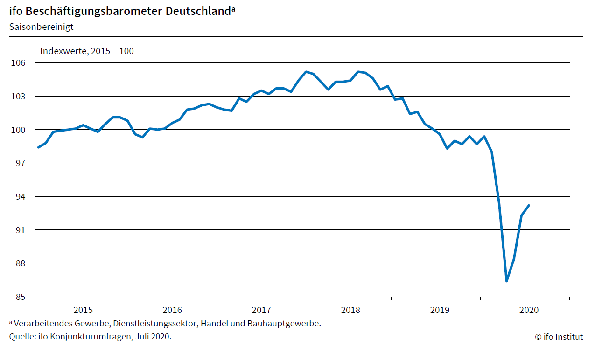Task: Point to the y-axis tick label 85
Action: click(20, 297)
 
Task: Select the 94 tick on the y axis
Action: click(20, 196)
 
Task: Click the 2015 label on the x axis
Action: click(83, 310)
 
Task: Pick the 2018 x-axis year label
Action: click(350, 310)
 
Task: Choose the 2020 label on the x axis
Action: click(529, 310)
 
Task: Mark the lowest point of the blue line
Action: click(506, 281)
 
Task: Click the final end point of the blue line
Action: click(529, 205)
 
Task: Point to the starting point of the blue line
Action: click(38, 147)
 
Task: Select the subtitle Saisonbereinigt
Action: click(41, 27)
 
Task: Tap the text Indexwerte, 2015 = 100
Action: click(87, 51)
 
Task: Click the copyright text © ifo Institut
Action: click(559, 337)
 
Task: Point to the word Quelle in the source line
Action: click(21, 337)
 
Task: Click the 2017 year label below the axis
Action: click(261, 310)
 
